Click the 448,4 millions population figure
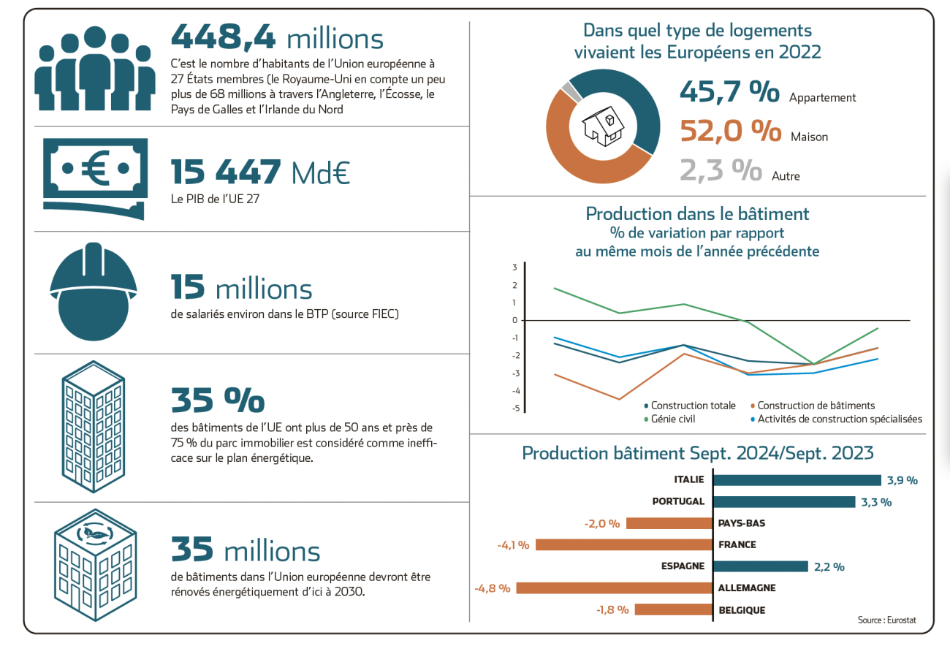277,37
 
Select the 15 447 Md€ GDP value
260,172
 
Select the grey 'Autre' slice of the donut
571,92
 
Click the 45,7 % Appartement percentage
729,91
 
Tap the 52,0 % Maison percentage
730,132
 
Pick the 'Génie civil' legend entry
670,419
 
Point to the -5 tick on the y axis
515,408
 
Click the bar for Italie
797,480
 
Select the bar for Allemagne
614,588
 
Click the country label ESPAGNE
683,566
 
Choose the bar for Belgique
673,609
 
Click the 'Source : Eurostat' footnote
886,620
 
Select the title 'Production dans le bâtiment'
697,214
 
